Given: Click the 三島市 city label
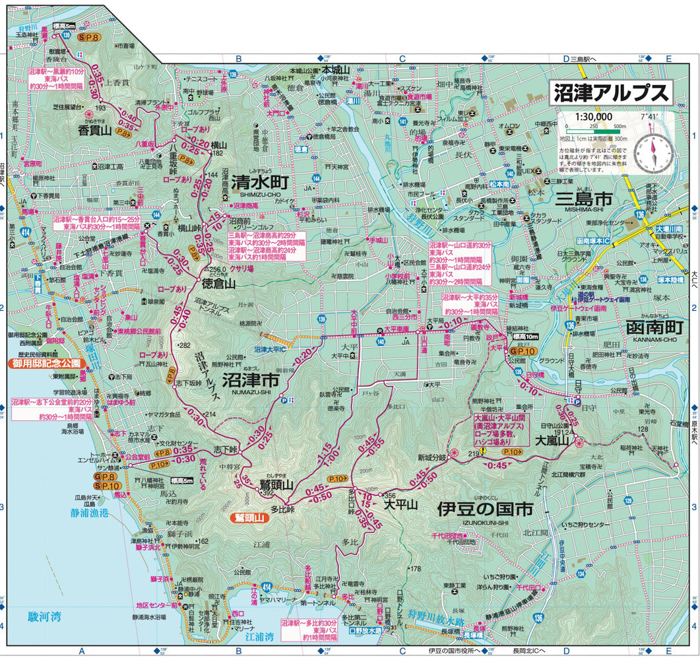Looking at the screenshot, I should (x=585, y=198).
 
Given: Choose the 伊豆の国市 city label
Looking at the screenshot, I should (x=485, y=509).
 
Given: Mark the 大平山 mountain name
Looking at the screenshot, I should (x=402, y=505).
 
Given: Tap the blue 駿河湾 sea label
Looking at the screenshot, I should (x=44, y=616).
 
